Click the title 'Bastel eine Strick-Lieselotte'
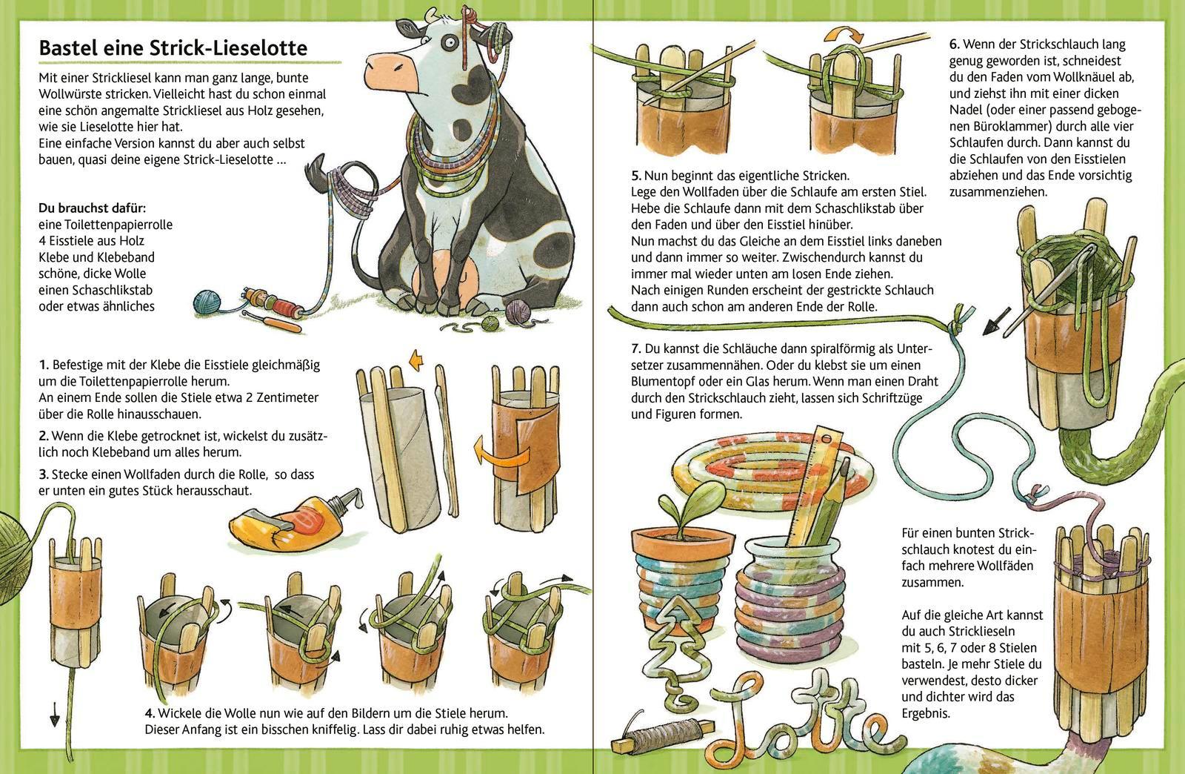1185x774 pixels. pos(173,48)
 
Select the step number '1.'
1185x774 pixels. pos(44,365)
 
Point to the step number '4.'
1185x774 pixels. pos(150,712)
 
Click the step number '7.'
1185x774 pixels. pos(636,349)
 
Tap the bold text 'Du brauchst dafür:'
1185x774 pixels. pos(92,208)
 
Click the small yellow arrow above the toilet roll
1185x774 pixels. pos(418,361)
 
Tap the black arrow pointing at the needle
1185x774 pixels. pos(997,322)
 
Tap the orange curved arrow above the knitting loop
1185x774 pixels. pos(844,34)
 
